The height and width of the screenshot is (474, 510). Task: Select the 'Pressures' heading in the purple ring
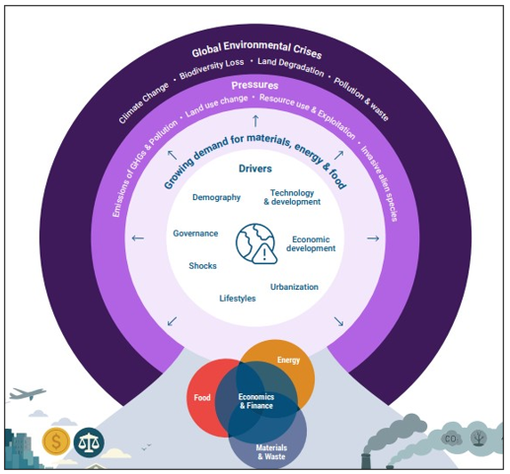pos(255,86)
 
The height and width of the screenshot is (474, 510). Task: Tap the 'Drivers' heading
pos(255,169)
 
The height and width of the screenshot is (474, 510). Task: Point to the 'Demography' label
pos(216,197)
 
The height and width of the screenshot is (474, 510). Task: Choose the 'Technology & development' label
pos(295,197)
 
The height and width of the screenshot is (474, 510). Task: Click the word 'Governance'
pos(195,234)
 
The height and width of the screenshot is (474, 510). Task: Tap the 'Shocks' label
pos(202,266)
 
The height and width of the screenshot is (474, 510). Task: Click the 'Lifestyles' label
pos(237,299)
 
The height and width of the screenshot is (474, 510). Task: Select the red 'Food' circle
pos(204,398)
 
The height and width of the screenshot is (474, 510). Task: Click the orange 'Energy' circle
pos(287,363)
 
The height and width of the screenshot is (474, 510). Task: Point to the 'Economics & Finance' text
pos(255,400)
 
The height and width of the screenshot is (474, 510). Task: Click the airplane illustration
pos(27,395)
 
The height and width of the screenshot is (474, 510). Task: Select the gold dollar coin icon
pos(54,440)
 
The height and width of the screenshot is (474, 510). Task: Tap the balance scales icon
pos(89,440)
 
